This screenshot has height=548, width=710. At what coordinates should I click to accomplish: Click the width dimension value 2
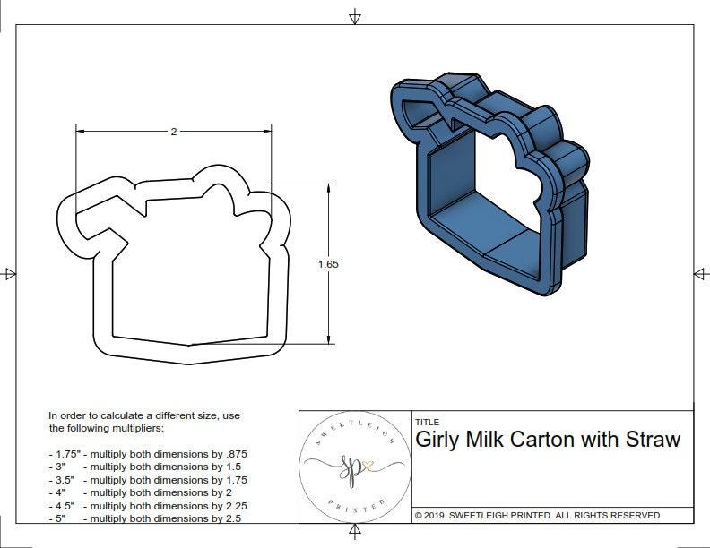pyautogui.click(x=173, y=132)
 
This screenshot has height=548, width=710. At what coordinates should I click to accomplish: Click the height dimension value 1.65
pyautogui.click(x=328, y=264)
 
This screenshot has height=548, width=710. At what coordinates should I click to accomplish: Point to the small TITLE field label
pyautogui.click(x=427, y=422)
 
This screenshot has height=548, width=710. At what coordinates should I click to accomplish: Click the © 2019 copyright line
pyautogui.click(x=537, y=515)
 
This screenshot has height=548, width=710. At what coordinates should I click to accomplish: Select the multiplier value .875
pyautogui.click(x=235, y=454)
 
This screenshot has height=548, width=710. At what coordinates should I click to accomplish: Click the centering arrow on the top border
pyautogui.click(x=355, y=16)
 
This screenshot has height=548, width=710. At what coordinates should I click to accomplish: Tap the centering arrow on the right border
pyautogui.click(x=700, y=273)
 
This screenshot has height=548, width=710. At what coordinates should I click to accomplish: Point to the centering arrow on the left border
pyautogui.click(x=9, y=273)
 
